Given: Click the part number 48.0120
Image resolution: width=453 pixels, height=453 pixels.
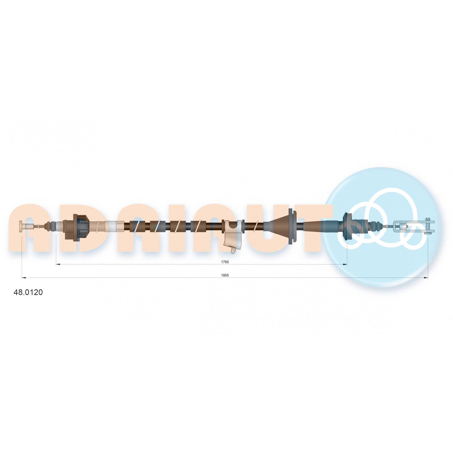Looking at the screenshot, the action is pyautogui.click(x=28, y=292).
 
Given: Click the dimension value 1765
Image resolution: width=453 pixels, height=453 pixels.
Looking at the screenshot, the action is pyautogui.click(x=225, y=262).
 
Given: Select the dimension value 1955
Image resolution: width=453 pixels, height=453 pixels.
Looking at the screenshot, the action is pyautogui.click(x=225, y=275).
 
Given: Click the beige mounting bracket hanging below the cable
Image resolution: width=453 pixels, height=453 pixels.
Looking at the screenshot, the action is pyautogui.click(x=233, y=236).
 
